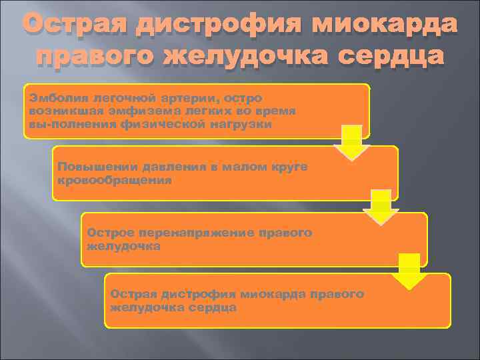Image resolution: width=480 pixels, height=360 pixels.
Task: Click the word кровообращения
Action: point(115,180)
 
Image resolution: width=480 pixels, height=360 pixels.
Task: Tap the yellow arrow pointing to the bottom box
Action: point(409,269)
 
